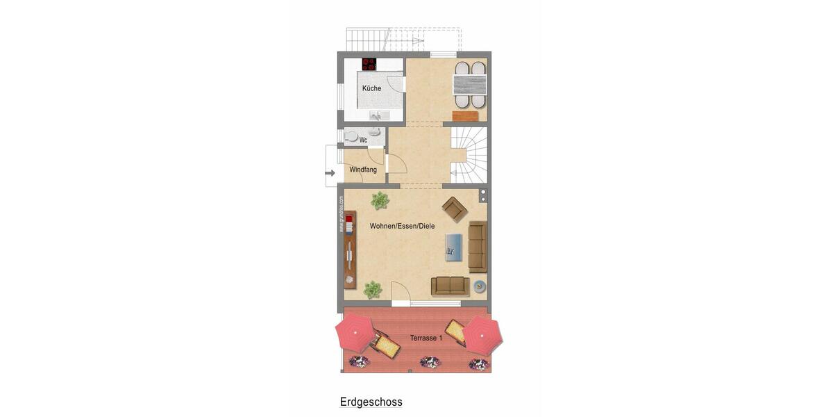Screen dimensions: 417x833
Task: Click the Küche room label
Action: pos(371,88)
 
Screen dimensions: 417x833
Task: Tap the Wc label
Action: pos(363,140)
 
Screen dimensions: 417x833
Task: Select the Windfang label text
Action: pos(363,170)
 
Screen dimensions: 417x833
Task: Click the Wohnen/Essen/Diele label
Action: pos(402,226)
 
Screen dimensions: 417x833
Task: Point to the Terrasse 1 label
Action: pos(426,338)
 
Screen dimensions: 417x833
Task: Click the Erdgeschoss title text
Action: pos(371,402)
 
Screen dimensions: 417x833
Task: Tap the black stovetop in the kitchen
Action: pos(369,64)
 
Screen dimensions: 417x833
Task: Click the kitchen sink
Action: pos(377,115)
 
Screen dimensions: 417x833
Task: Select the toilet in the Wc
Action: pos(352,136)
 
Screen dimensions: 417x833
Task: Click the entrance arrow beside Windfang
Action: pos(330,172)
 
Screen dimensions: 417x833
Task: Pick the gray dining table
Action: pos(470,84)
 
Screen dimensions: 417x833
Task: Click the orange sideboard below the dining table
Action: pos(470,116)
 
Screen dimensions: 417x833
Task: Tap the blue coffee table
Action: pos(453,245)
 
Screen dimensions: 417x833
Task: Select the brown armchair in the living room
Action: pos(455,208)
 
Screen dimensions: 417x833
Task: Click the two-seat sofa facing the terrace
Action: pos(450,286)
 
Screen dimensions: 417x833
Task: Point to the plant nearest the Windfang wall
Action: pos(379,201)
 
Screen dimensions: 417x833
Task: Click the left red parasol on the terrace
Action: pos(355,332)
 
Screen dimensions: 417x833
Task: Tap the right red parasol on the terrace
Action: pos(482,335)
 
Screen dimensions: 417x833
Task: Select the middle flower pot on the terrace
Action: pos(430,362)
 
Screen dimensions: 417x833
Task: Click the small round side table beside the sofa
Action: pos(479,285)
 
